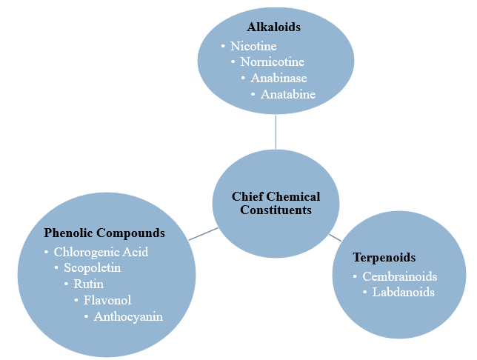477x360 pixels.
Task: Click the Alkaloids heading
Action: pos(274,28)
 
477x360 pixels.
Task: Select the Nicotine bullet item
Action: pos(253,46)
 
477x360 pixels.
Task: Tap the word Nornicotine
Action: pos(272,61)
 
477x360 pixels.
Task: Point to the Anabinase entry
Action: pos(278,78)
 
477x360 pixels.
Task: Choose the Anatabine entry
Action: pos(287,94)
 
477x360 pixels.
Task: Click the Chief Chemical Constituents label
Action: pos(276,203)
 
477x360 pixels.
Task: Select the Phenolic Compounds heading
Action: pos(104,233)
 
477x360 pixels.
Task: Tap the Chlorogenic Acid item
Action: pos(101,252)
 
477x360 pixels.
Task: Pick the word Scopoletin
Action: pos(92,267)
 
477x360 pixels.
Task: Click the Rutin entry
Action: pos(88,284)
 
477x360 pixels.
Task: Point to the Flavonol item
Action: pos(107,300)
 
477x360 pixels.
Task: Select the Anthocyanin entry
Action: pos(128,316)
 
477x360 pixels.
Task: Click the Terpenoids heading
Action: pos(384,258)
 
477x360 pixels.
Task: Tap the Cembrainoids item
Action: pos(400,276)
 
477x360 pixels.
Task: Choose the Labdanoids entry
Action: pos(403,292)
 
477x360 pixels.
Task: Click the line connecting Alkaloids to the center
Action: pos(276,132)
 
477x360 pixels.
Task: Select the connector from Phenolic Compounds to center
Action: pos(202,234)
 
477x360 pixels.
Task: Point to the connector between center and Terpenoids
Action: pos(335,237)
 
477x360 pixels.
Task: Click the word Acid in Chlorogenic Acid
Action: pos(136,252)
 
